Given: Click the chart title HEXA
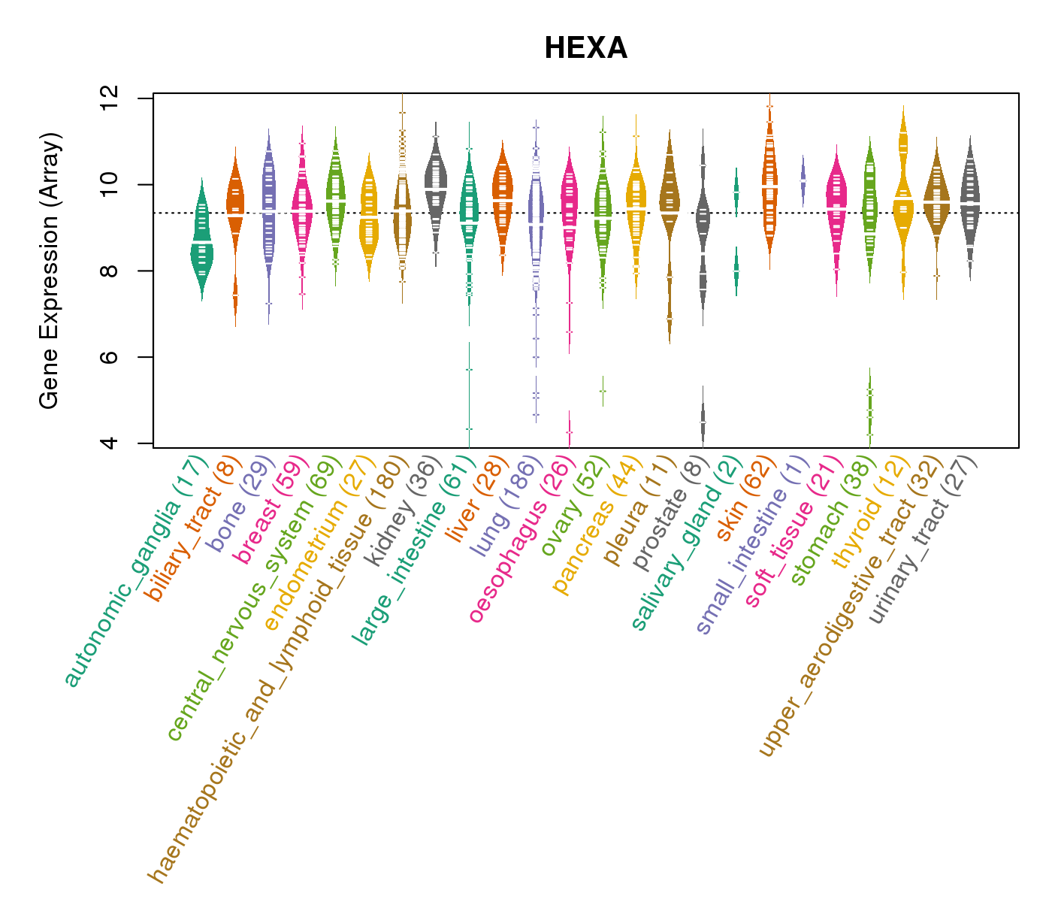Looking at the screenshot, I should [585, 49].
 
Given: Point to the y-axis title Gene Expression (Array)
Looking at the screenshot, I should [50, 271].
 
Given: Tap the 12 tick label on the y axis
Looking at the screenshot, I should [110, 98].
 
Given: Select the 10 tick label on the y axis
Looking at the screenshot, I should [110, 184].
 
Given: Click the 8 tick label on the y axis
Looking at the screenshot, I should [110, 271].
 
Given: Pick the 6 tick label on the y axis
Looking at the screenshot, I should [110, 356].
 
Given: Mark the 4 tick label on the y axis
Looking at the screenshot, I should [110, 443].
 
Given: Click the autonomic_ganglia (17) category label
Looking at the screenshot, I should [135, 571].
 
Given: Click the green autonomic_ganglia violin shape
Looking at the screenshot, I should [201, 241].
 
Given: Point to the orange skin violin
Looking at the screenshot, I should [769, 188].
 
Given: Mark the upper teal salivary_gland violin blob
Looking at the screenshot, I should [736, 192].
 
